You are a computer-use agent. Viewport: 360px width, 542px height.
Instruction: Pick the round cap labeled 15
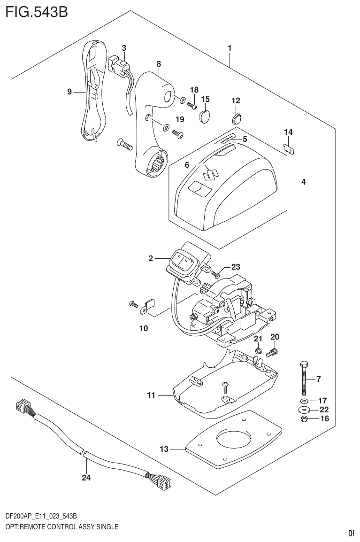coord(205,116)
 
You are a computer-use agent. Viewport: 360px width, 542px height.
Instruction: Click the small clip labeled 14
coord(291,148)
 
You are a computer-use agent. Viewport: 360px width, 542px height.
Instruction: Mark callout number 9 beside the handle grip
coord(69,92)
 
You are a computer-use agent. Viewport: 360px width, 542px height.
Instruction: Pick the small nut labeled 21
coord(258,350)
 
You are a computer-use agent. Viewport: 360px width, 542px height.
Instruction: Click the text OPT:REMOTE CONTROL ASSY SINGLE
coord(59,526)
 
